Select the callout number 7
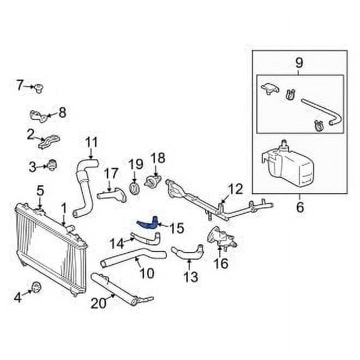coord(20,85)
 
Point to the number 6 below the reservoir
coord(299,207)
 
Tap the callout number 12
coord(235,189)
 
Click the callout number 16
coord(220,265)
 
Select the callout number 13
coord(190,277)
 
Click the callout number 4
coord(17,298)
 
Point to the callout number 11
coord(91,143)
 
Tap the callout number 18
coord(157,158)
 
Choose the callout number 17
coord(111,173)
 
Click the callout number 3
coord(33,165)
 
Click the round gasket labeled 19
coord(134,187)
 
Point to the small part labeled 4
coord(37,287)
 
